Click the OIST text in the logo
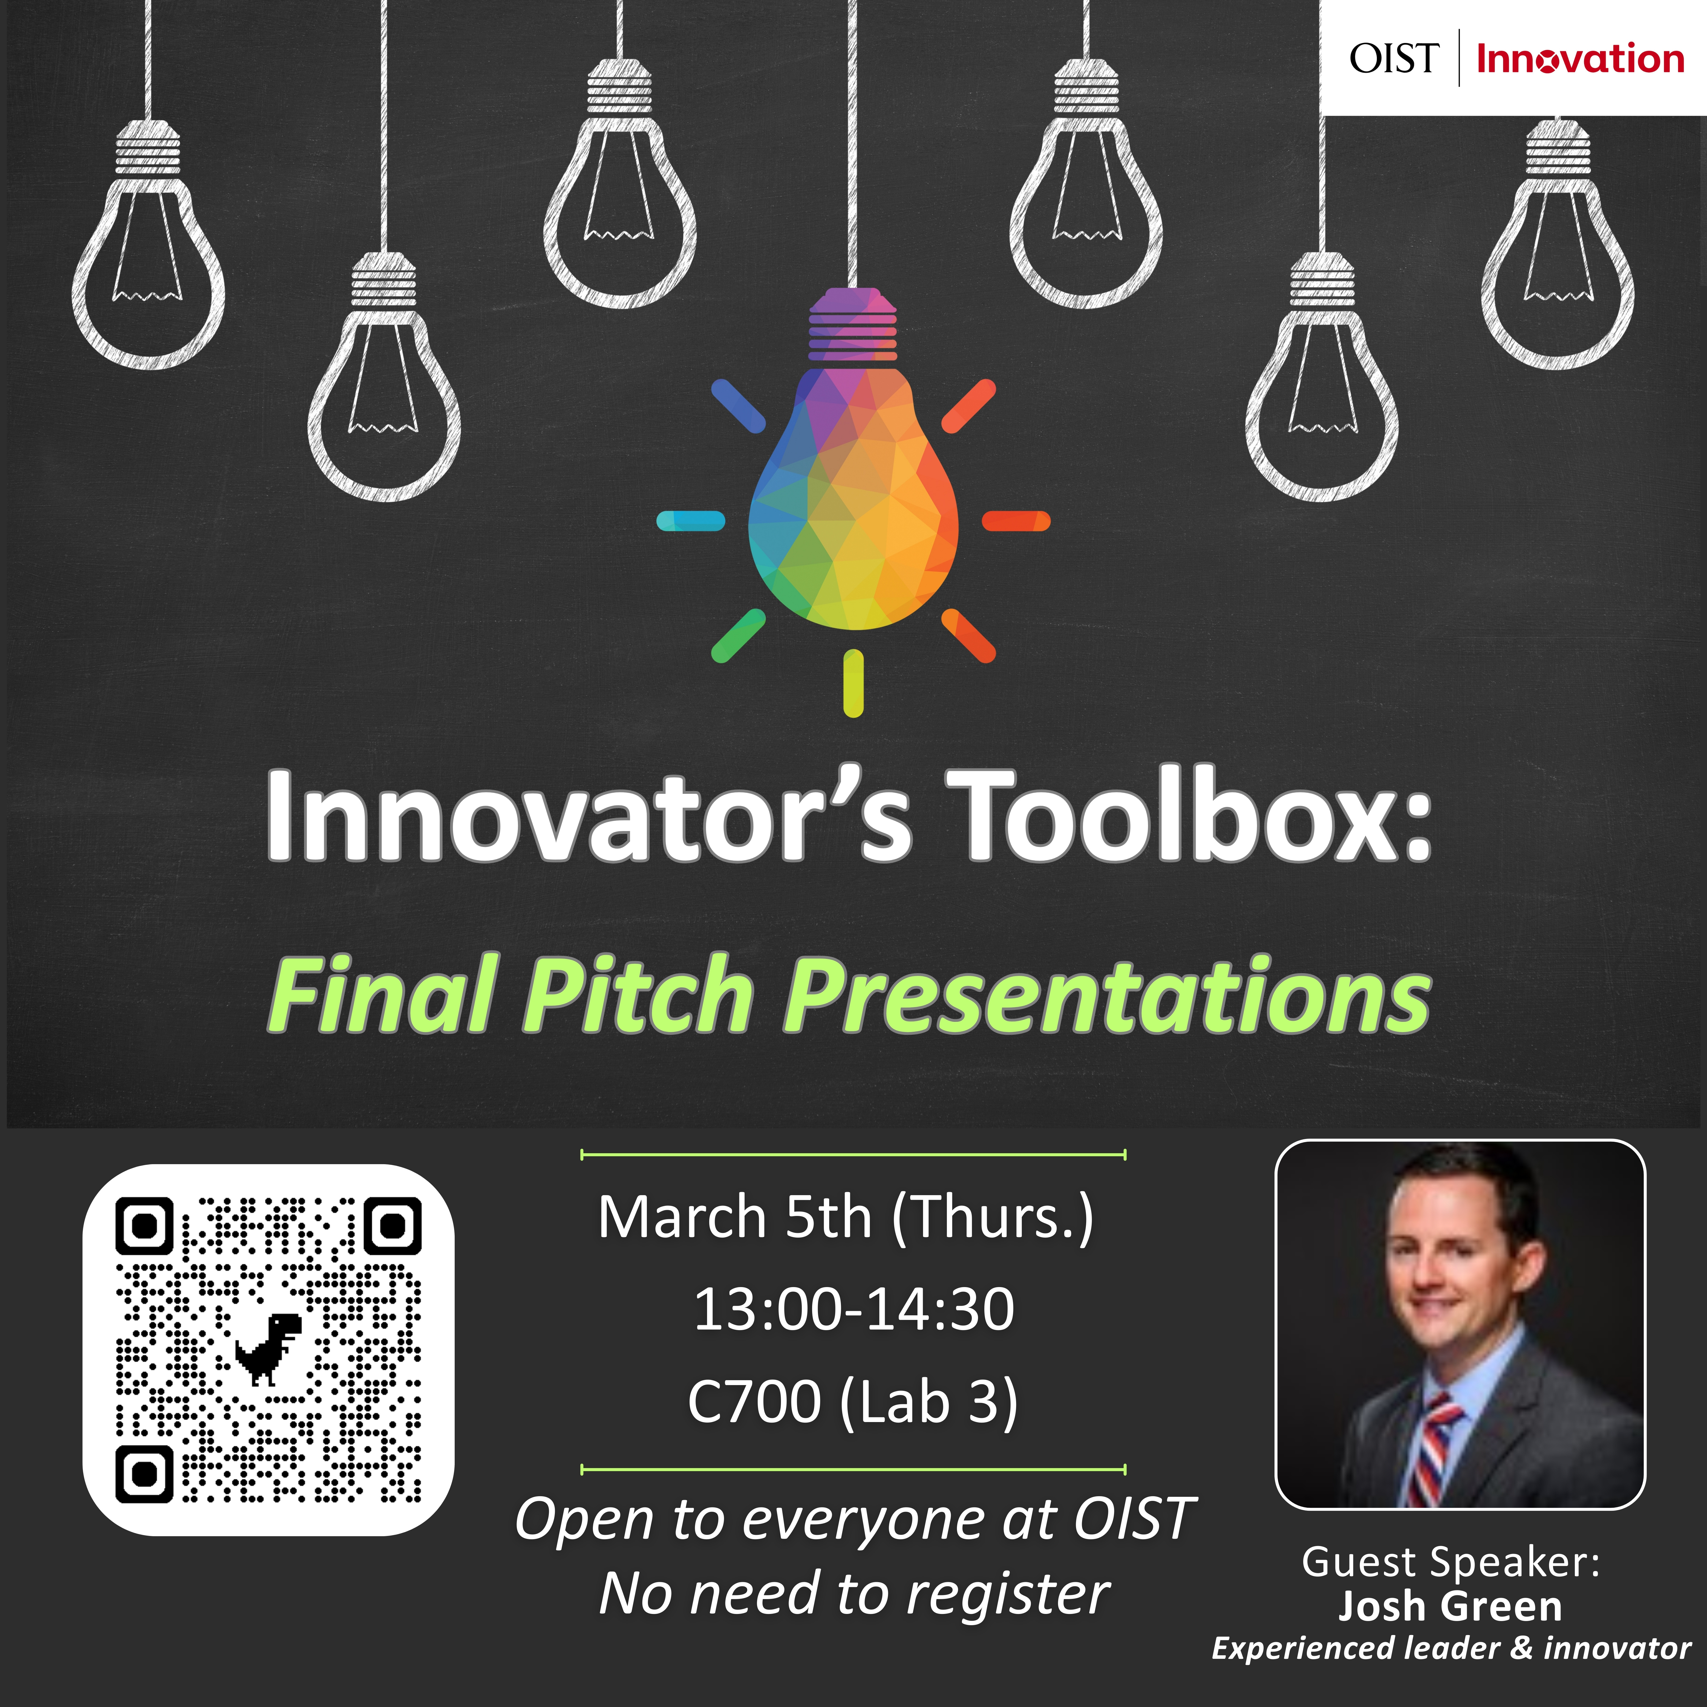pyautogui.click(x=1394, y=58)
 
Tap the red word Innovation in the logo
pyautogui.click(x=1580, y=58)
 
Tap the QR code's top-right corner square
pyautogui.click(x=393, y=1226)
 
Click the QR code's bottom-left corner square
pyautogui.click(x=144, y=1474)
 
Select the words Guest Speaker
pyautogui.click(x=1450, y=1562)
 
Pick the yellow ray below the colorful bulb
pyautogui.click(x=853, y=683)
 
